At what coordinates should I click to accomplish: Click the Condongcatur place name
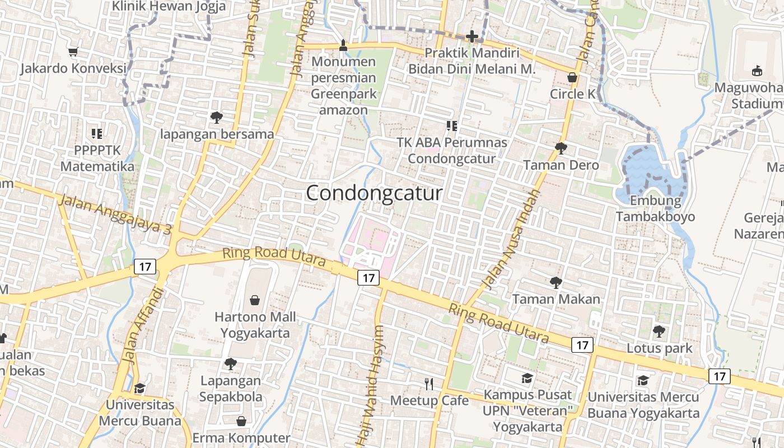[374, 193]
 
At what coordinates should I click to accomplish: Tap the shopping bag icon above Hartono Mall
[255, 300]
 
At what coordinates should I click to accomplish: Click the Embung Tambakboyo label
[655, 209]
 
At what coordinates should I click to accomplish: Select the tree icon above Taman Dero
[561, 148]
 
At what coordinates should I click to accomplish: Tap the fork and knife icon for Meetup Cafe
[429, 384]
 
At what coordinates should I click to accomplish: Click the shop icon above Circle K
[572, 77]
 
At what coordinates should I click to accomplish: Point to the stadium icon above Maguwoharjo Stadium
[757, 71]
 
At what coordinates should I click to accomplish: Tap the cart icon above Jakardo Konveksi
[73, 52]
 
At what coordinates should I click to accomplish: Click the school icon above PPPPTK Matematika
[97, 133]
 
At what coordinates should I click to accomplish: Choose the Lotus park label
[659, 348]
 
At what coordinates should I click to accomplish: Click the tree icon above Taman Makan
[556, 282]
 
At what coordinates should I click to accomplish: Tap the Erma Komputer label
[241, 438]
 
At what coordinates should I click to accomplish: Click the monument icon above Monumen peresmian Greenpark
[344, 45]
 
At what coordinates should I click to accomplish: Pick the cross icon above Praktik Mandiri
[472, 37]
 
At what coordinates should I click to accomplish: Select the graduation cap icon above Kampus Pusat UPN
[527, 378]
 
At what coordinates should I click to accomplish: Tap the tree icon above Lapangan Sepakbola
[230, 364]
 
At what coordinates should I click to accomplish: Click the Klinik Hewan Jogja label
[169, 6]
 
